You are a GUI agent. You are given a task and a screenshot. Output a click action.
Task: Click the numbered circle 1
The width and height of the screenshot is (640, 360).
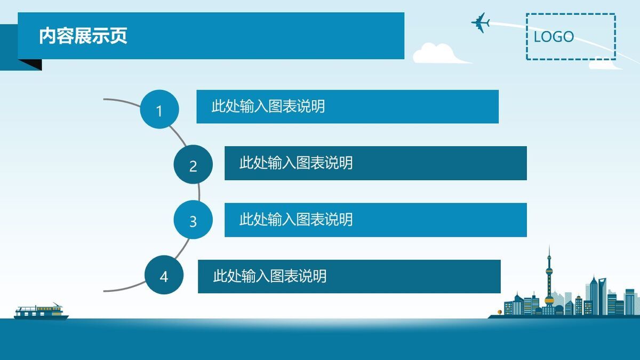[159, 109]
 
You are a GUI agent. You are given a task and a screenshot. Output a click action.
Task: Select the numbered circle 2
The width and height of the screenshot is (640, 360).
[193, 165]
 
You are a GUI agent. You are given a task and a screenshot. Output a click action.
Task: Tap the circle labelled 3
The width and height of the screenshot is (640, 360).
[193, 220]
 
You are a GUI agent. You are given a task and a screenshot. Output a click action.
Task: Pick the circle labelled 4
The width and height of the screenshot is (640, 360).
[164, 275]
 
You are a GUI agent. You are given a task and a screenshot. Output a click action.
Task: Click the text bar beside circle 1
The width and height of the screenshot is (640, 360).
[347, 107]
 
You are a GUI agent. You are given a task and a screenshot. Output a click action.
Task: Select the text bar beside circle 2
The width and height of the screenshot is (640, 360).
[375, 163]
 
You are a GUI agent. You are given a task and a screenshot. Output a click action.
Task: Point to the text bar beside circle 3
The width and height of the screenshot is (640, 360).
[375, 220]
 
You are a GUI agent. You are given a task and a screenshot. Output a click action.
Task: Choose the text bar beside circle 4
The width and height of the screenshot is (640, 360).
[349, 276]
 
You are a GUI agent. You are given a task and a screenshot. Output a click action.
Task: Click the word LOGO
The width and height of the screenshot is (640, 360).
[554, 37]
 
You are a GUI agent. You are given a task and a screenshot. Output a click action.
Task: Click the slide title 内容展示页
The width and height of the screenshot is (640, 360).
[83, 36]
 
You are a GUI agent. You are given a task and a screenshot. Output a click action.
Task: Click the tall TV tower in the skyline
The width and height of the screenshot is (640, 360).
[549, 277]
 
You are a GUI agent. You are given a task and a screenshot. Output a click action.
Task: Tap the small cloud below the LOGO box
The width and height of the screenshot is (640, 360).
[603, 65]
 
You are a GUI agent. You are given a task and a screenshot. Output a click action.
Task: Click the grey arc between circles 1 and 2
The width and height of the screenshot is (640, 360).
[179, 136]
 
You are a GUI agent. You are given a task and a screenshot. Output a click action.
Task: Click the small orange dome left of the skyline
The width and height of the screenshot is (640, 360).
[500, 311]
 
